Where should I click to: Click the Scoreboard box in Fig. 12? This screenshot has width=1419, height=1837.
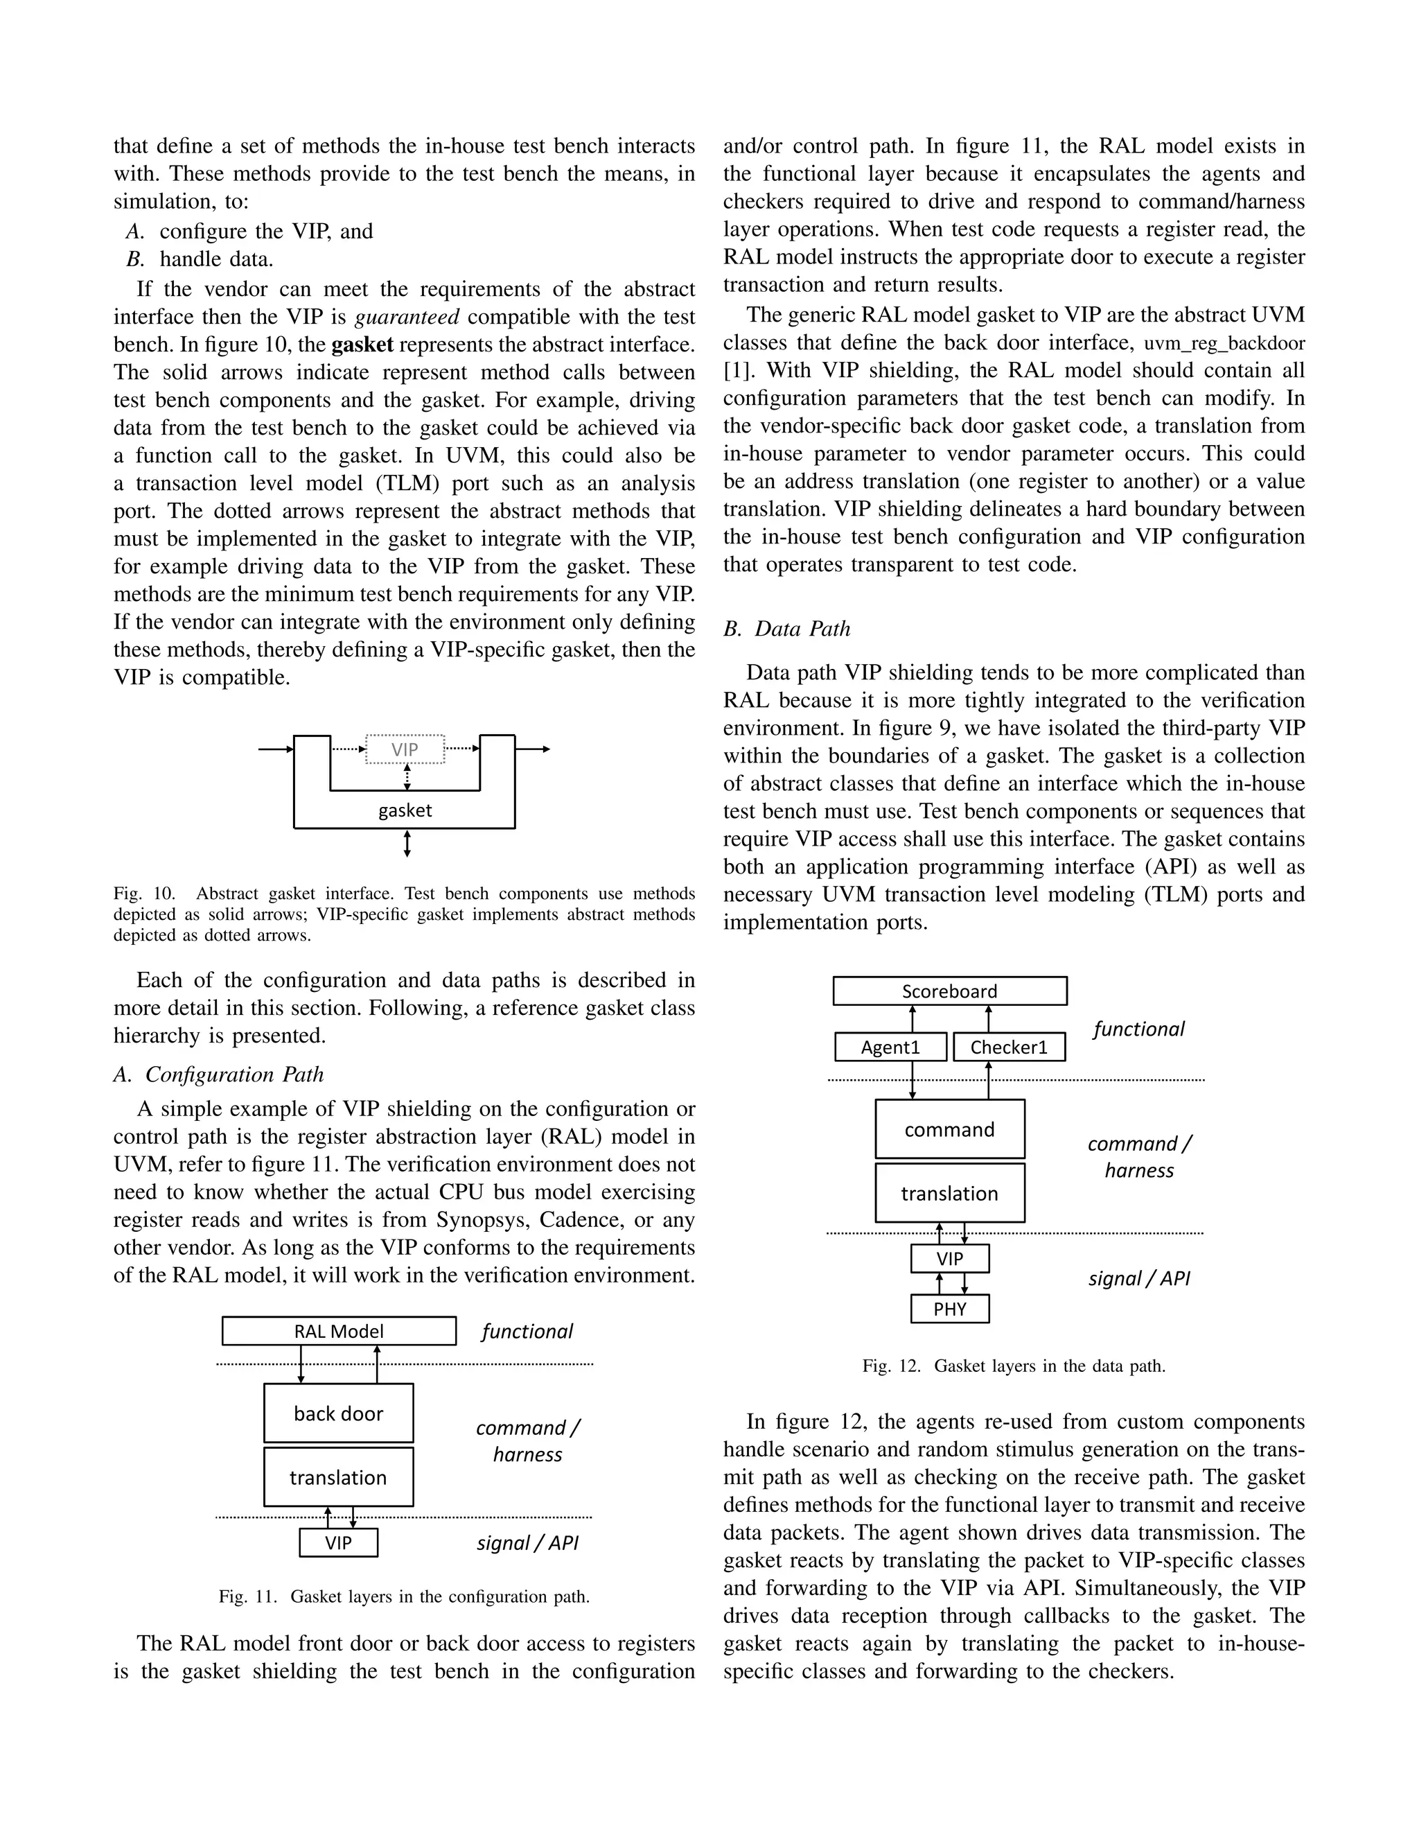pos(949,991)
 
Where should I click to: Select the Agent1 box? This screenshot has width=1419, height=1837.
pos(890,1047)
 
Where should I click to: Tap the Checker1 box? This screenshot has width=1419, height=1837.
pos(1009,1047)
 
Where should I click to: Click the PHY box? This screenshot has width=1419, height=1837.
pos(949,1309)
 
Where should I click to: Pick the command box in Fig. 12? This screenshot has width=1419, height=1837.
pos(949,1129)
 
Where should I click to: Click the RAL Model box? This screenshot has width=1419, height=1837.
pos(339,1331)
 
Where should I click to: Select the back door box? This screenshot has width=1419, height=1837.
pos(338,1413)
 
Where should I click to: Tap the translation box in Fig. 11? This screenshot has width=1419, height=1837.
pos(338,1477)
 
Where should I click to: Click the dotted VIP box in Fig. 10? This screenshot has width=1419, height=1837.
pos(405,749)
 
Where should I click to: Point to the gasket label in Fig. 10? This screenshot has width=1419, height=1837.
pos(405,810)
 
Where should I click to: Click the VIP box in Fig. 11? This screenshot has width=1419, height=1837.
pos(338,1542)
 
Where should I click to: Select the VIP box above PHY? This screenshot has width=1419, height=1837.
pos(949,1258)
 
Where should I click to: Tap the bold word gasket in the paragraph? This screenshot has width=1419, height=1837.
pos(362,345)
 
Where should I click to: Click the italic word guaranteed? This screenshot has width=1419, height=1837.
pos(407,317)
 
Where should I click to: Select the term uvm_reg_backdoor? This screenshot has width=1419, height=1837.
pos(1224,343)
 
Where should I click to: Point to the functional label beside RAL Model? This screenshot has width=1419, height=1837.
pos(527,1332)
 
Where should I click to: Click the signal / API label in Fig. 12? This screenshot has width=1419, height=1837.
pos(1139,1278)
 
